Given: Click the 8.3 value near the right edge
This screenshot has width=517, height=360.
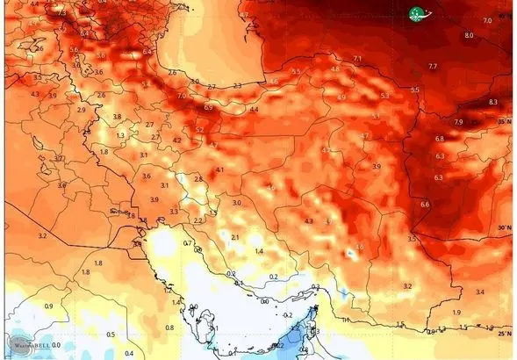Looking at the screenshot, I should [x=492, y=102].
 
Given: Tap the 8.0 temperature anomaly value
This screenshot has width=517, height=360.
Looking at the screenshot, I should [x=468, y=35].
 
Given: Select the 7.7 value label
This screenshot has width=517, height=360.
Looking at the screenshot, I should [x=432, y=67].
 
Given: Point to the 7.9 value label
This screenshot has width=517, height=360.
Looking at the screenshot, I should [x=458, y=121].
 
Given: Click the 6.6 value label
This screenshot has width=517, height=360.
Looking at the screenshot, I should [x=425, y=205].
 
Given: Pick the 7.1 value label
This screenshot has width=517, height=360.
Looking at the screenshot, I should [x=356, y=59].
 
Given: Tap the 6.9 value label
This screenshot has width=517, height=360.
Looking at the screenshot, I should [x=208, y=107].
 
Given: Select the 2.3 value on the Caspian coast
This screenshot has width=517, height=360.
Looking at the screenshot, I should [x=237, y=86].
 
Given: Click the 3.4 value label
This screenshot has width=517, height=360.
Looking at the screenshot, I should [x=479, y=291].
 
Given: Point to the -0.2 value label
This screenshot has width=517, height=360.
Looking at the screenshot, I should [x=287, y=314].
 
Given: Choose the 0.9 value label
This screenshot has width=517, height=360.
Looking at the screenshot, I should [x=49, y=306].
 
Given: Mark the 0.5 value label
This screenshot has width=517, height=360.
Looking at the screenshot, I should [x=110, y=335].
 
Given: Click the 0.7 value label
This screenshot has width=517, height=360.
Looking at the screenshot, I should [x=187, y=242].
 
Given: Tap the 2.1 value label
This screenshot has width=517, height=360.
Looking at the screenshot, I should [x=234, y=237].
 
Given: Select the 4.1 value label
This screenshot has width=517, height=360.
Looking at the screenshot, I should [x=219, y=169].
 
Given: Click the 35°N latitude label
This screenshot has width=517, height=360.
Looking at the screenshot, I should [x=504, y=121].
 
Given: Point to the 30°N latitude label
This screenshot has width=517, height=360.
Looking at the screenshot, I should [x=504, y=227].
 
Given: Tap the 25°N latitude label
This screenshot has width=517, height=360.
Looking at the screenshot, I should [x=504, y=333].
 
